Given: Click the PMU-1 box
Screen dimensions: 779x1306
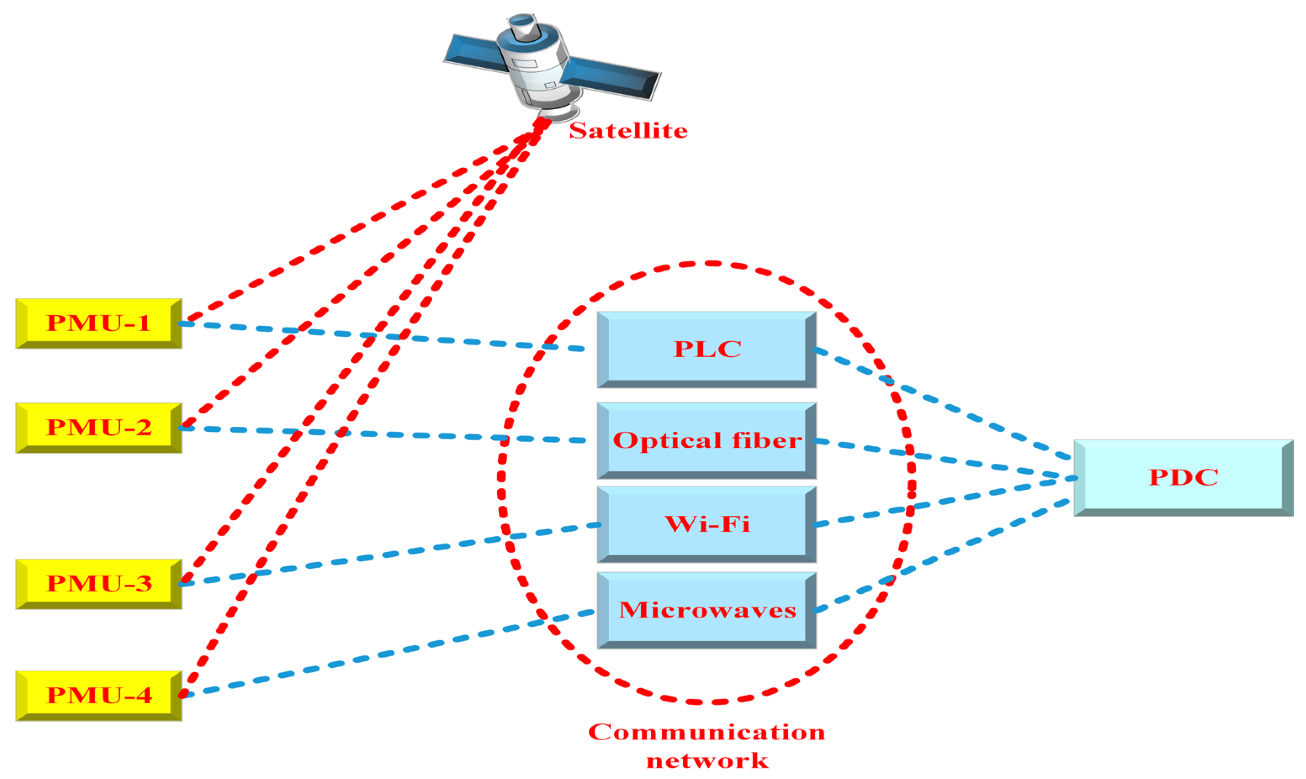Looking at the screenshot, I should click(x=99, y=323).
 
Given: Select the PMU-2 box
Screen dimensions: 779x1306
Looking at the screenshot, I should click(x=99, y=428).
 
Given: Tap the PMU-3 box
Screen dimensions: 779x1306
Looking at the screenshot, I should click(x=99, y=584).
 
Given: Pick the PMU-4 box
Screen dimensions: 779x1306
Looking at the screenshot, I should click(x=99, y=695).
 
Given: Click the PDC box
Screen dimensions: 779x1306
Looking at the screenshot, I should click(x=1183, y=478).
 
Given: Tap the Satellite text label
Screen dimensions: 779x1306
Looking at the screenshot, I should click(x=628, y=131).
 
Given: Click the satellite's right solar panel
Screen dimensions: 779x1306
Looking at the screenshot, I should click(x=611, y=78).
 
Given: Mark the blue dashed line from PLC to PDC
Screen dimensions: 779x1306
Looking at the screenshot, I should click(x=945, y=406).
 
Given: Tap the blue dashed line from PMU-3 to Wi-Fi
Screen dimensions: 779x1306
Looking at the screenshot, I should click(x=389, y=555).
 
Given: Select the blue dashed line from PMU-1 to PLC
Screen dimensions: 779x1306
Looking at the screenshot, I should click(x=383, y=336).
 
